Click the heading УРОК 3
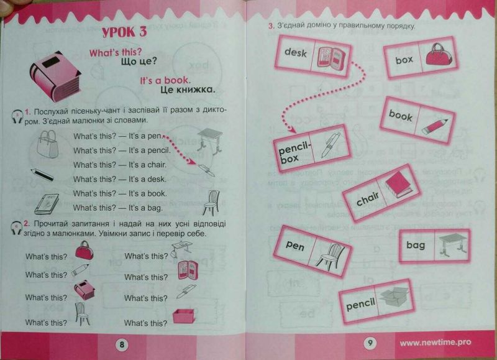click(125, 33)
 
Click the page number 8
click(122, 344)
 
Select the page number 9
click(370, 343)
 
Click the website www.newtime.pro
click(435, 343)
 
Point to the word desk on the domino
click(296, 52)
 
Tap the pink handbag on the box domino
click(439, 55)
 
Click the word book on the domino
click(401, 116)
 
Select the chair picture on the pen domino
click(330, 256)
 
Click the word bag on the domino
click(416, 245)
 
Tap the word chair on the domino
click(367, 199)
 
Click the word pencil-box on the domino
click(293, 152)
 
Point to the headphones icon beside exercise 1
click(17, 116)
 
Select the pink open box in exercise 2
click(184, 316)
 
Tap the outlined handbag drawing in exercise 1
click(48, 145)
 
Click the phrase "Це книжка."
click(188, 90)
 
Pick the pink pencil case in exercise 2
click(188, 270)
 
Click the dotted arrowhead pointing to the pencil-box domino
click(292, 129)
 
